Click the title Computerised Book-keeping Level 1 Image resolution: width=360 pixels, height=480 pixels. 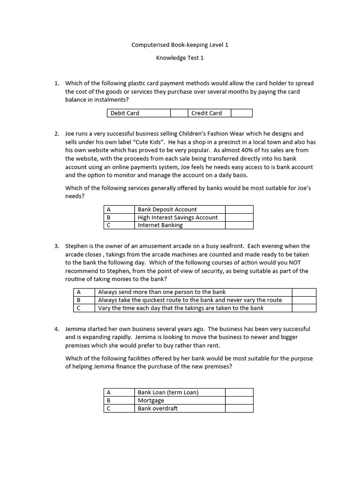(x=180, y=45)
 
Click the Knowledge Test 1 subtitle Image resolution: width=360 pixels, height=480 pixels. (x=180, y=58)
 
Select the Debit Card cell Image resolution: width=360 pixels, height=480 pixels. (x=138, y=113)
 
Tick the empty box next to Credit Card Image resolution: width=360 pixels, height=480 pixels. (x=241, y=113)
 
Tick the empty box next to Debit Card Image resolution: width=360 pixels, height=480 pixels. (x=179, y=113)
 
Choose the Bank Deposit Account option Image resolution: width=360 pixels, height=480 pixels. (x=167, y=210)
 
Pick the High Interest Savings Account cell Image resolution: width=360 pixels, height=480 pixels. (x=178, y=217)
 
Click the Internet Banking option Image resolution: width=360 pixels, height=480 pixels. (x=160, y=225)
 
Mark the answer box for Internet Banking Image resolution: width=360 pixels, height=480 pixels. (x=239, y=225)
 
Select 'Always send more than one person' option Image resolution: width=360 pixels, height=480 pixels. (x=162, y=292)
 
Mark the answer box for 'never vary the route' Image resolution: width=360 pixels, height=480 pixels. (x=304, y=300)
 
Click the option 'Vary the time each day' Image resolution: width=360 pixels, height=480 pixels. (x=180, y=308)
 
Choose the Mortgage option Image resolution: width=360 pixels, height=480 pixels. (x=151, y=400)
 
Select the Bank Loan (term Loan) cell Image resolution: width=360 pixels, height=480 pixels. (x=168, y=392)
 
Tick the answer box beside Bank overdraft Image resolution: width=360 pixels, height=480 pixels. (x=239, y=408)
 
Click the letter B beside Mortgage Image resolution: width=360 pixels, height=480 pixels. (x=109, y=400)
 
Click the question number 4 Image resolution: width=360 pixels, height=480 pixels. (x=57, y=329)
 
